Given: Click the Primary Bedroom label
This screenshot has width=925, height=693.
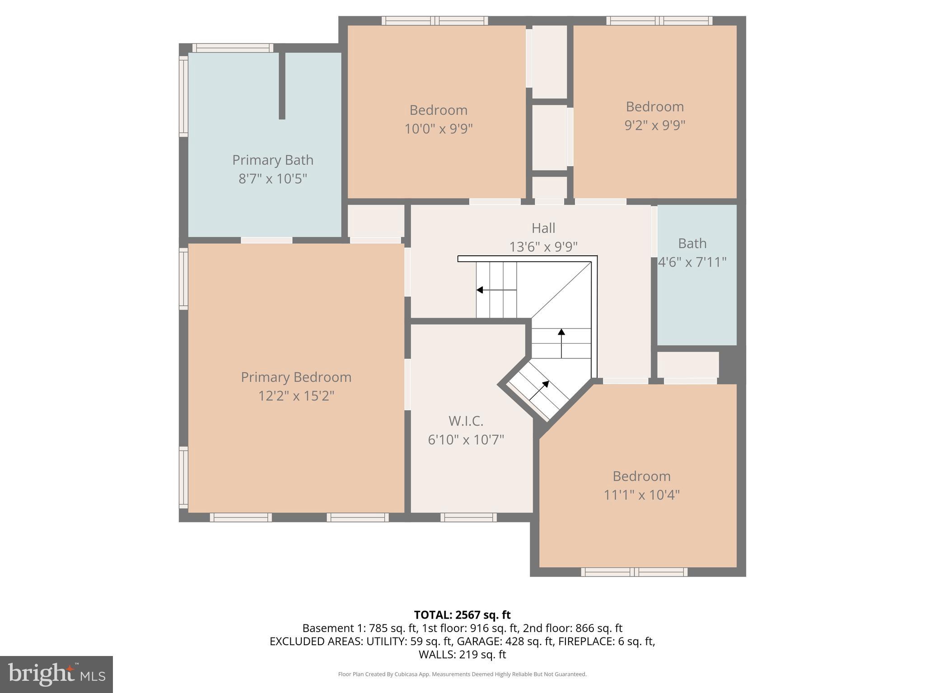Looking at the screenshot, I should tap(296, 377).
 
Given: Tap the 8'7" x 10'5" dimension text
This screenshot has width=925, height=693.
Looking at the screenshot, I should tap(273, 179).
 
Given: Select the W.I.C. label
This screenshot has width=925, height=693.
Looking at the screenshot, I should tap(466, 421).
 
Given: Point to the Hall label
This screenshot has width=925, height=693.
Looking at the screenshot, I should tap(543, 228).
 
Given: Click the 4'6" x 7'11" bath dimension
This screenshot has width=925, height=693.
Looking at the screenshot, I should tap(692, 262).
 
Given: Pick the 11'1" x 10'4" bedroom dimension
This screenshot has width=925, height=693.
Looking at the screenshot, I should tap(641, 495).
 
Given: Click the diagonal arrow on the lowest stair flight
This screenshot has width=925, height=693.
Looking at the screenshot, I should tap(539, 390).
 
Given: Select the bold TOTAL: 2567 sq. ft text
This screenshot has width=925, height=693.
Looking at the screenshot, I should tap(462, 615).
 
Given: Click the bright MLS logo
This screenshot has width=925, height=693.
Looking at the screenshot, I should tap(56, 675).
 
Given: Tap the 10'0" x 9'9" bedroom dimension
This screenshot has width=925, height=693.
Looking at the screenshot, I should tap(438, 129).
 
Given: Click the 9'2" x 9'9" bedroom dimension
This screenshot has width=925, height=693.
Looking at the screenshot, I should tap(654, 125).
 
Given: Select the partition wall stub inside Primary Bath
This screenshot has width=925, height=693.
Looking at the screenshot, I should tap(282, 86).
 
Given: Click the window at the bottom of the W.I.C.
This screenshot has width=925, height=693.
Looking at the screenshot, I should tap(468, 517).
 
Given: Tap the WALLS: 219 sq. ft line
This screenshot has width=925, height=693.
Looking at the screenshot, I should tap(462, 654).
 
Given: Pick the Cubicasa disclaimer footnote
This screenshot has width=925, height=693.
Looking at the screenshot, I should tap(462, 674).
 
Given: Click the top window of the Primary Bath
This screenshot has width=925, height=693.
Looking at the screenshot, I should tap(233, 48).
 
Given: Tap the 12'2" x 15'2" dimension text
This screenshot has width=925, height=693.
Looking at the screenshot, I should tap(296, 396).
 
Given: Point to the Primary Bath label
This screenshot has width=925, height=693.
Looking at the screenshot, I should tap(273, 160).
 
